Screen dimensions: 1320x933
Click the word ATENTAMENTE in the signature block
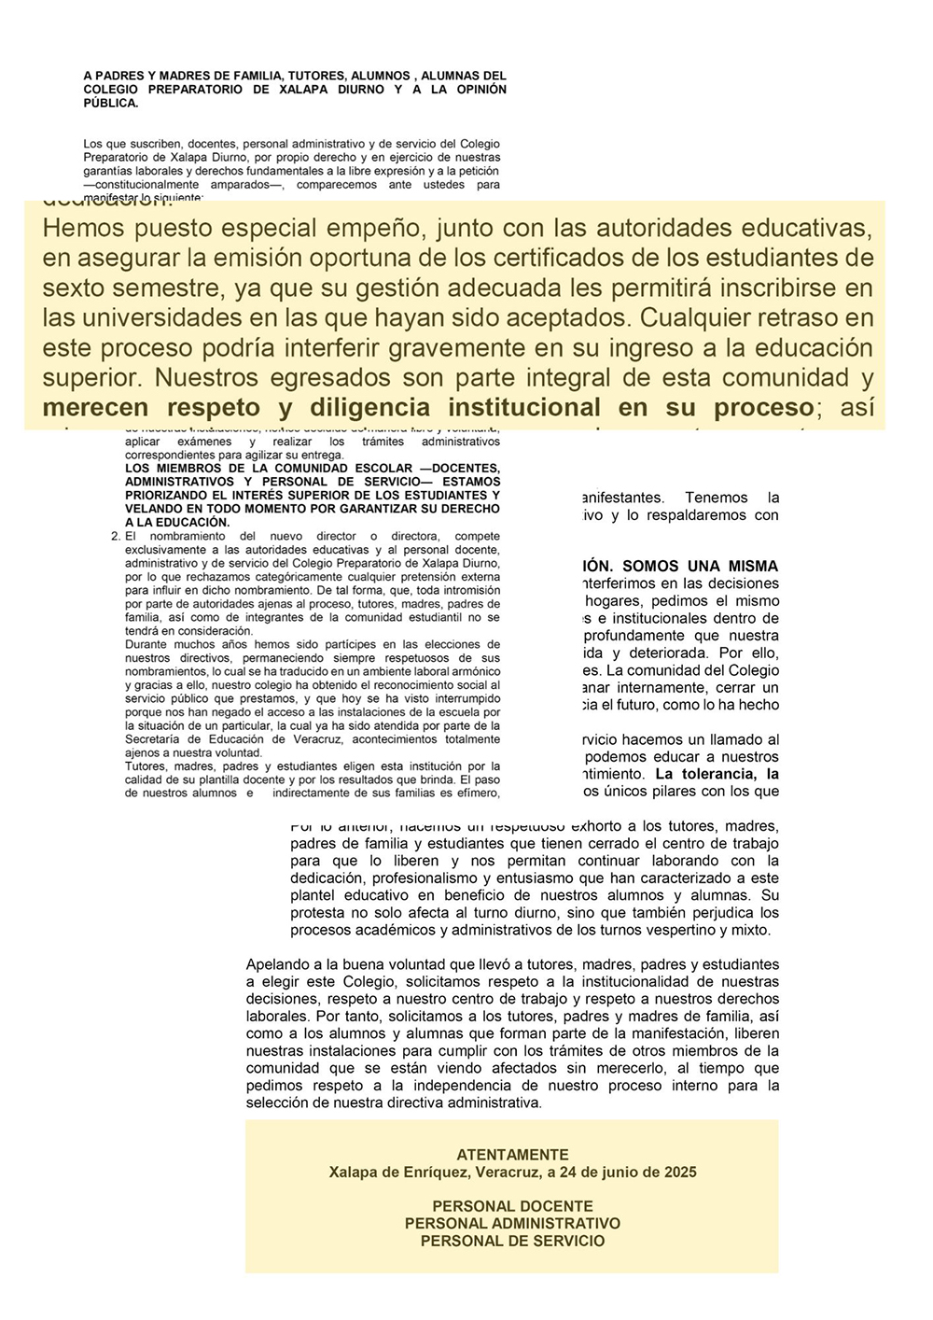(x=512, y=1155)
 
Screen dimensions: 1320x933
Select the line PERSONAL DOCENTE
(x=512, y=1206)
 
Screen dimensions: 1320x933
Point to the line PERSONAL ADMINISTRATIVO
(x=512, y=1224)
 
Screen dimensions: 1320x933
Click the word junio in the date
(x=610, y=1172)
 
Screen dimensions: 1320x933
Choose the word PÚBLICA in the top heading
(x=110, y=104)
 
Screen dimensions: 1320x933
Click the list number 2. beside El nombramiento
(x=116, y=537)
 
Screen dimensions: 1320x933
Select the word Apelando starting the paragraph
(x=276, y=964)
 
